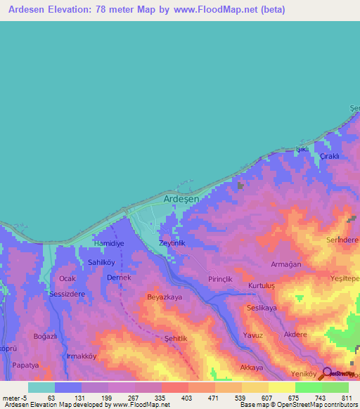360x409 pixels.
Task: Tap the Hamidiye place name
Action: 109,242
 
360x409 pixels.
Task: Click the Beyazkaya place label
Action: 164,298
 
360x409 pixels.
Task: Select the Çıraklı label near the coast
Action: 330,156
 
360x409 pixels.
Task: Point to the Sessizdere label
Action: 67,294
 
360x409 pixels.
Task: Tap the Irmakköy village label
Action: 81,356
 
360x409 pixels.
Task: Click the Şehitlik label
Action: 176,339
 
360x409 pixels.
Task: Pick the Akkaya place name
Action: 252,368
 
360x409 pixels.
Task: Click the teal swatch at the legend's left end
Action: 41,387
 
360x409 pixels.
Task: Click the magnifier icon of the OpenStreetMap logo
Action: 327,372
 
